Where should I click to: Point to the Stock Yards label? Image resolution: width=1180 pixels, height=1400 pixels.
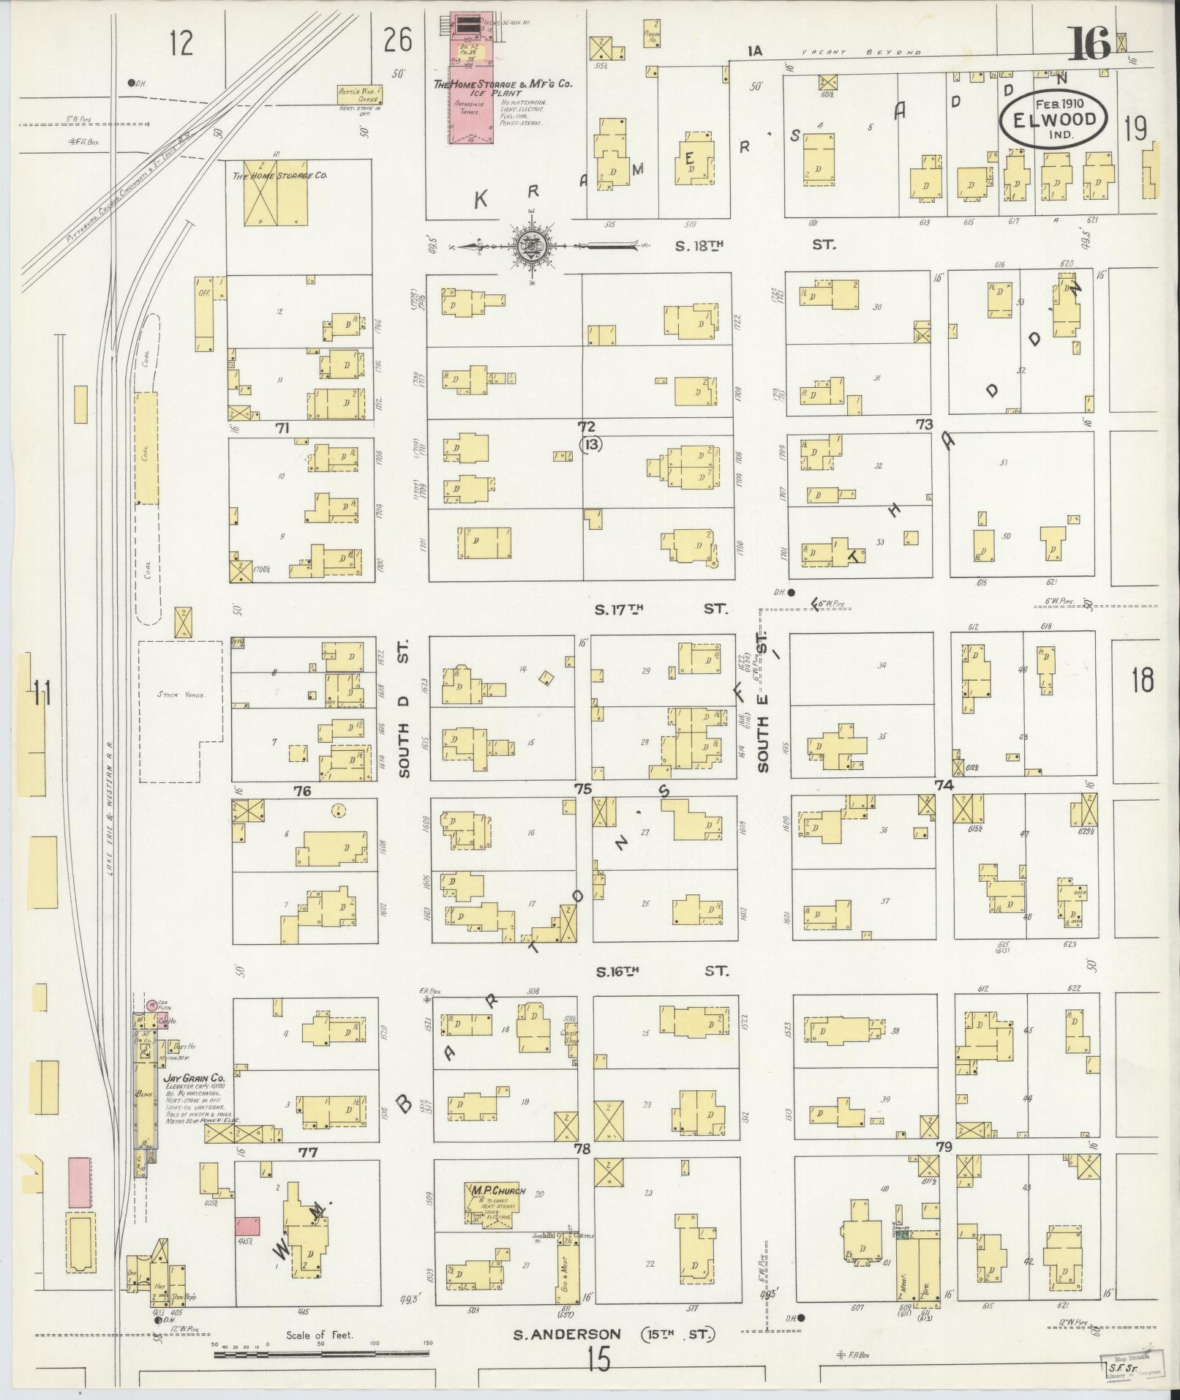click(180, 695)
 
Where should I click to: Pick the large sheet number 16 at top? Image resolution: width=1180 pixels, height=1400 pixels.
click(1090, 44)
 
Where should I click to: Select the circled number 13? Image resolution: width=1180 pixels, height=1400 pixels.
click(590, 443)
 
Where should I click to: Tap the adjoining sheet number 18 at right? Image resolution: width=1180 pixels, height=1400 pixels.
click(1142, 680)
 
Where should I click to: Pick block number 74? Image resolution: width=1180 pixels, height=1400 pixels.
click(944, 785)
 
